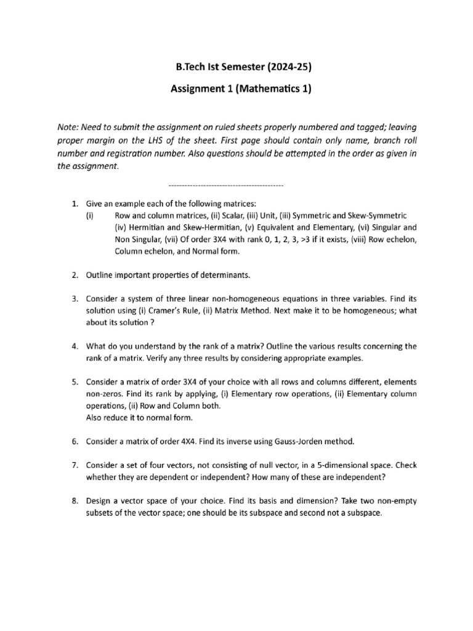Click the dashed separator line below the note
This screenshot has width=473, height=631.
[x=225, y=185]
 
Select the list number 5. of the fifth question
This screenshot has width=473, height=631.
[x=74, y=381]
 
